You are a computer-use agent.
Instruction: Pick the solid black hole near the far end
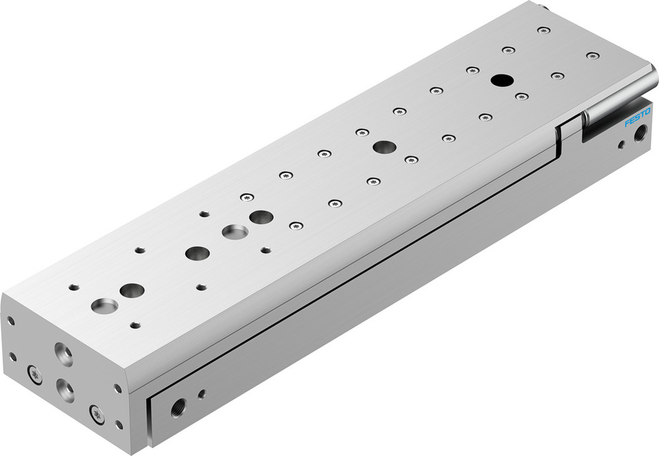[501, 81]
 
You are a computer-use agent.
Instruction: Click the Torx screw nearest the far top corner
[543, 30]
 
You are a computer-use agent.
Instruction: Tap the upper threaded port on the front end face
[65, 356]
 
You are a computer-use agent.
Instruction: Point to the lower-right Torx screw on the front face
[98, 414]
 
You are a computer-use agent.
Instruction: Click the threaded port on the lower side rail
[178, 409]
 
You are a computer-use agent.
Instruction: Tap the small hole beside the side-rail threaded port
[201, 395]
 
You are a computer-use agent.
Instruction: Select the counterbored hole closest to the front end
[105, 306]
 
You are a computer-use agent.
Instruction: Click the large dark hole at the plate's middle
[384, 147]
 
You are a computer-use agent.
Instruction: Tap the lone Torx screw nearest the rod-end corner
[593, 55]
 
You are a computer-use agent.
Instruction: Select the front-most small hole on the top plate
[135, 325]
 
